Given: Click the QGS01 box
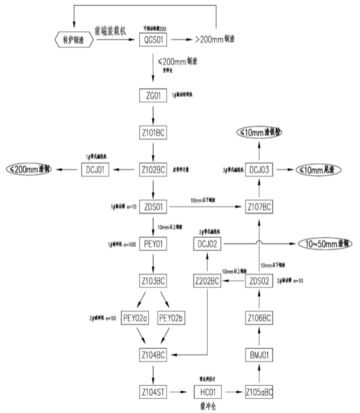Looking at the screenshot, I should [153, 40].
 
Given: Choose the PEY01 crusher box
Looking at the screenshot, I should [153, 244].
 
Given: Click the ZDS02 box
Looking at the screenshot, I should [260, 280].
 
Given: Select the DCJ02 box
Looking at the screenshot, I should [207, 243].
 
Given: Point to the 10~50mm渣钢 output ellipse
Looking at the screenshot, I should [325, 243].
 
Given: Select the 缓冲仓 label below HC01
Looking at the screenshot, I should [207, 406].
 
